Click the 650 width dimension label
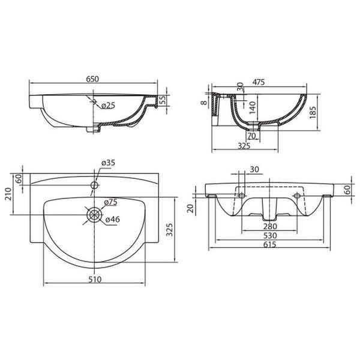pos(92,79)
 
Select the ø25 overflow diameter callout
pos(108,106)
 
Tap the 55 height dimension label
pos(163,100)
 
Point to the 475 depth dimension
pos(259,82)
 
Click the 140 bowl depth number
pos(253,107)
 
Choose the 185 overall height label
pos(313,112)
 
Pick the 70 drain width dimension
pos(251,136)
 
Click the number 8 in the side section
pos(204,102)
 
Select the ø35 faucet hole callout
pos(108,163)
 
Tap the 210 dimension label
pos(8,194)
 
